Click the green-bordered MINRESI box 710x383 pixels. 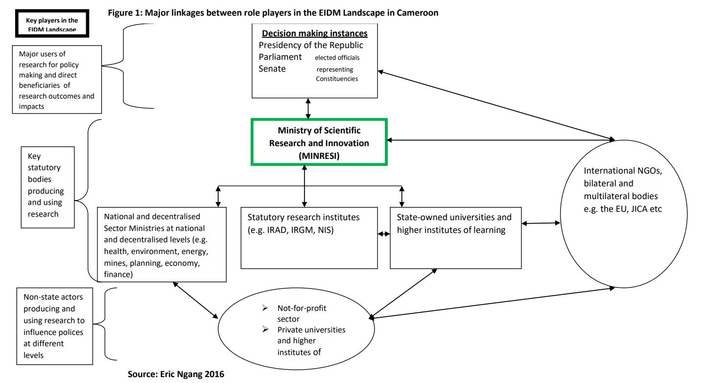coord(319,142)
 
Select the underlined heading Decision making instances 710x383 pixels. coord(314,33)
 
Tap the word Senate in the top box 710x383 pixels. coord(272,69)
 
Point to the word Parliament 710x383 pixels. coord(280,57)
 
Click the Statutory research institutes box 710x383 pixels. coord(309,238)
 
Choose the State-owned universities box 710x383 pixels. coord(455,238)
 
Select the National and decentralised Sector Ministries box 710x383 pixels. coord(162,244)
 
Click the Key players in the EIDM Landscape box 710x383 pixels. coord(51,24)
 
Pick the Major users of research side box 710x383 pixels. coord(57,80)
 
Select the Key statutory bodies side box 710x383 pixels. coord(47,187)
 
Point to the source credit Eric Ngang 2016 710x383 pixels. coord(176,374)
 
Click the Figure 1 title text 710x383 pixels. coord(273,13)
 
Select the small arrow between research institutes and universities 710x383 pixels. coord(384,234)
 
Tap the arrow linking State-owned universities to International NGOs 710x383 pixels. coord(541,224)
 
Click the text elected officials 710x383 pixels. coord(337,58)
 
